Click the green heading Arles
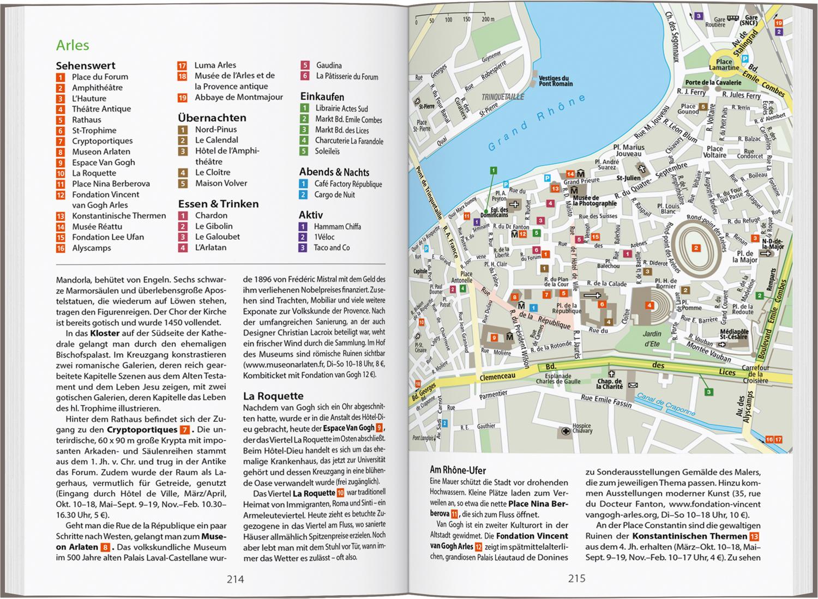click(x=73, y=46)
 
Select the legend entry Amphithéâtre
click(x=97, y=88)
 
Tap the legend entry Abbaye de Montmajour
click(x=239, y=98)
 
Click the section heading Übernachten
click(x=212, y=118)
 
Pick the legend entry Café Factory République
click(x=348, y=184)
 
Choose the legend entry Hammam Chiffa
click(x=337, y=227)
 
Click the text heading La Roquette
click(x=273, y=396)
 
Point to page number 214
click(x=235, y=579)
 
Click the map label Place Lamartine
click(x=724, y=65)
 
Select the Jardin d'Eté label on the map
click(x=652, y=338)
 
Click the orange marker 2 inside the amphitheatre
click(x=696, y=248)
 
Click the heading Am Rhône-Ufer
click(x=458, y=470)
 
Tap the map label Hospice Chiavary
click(x=581, y=429)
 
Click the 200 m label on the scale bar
click(x=488, y=20)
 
